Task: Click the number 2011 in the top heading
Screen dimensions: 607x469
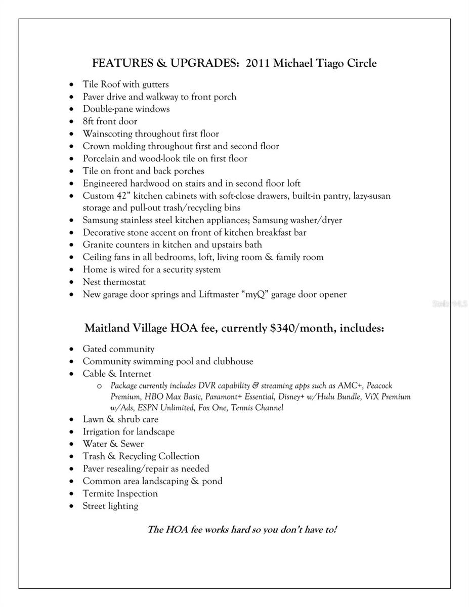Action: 258,63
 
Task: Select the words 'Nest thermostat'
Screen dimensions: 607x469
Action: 114,282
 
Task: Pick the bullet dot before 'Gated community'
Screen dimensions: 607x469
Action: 72,350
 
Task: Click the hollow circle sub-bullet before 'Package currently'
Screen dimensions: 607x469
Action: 99,386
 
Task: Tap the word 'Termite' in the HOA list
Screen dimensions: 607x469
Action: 99,493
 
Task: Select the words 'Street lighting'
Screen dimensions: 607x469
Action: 110,506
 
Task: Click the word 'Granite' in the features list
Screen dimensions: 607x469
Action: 99,245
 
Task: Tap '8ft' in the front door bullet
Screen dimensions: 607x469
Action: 89,121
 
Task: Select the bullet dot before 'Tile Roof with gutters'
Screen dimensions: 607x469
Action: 72,85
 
